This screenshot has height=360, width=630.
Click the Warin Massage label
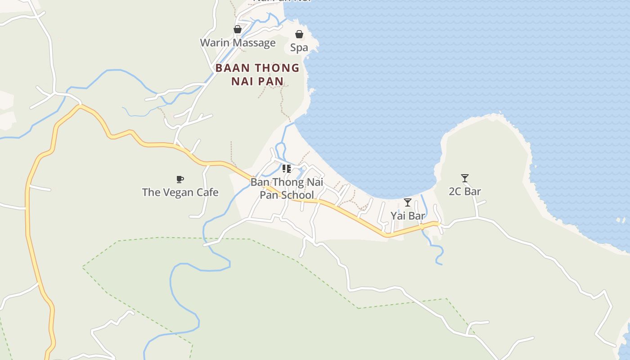[x=238, y=43]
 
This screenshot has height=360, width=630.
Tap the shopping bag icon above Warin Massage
[x=238, y=30]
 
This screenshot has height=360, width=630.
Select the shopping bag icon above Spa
[x=299, y=34]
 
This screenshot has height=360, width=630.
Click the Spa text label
[x=299, y=48]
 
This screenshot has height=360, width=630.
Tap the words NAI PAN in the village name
[x=257, y=81]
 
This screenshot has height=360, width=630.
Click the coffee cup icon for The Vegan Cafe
[x=180, y=180]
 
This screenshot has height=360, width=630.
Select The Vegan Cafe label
[x=180, y=193]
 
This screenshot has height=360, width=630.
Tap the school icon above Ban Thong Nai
[x=286, y=169]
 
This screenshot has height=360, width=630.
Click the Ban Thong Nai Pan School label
[x=287, y=189]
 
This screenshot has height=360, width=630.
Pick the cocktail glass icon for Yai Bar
[x=407, y=202]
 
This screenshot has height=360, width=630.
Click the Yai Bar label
[x=407, y=216]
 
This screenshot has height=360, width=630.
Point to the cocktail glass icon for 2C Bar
[x=465, y=178]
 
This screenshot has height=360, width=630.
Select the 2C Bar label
[x=465, y=192]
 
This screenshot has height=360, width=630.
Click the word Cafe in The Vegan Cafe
[x=206, y=193]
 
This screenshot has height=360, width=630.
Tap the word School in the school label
[x=297, y=195]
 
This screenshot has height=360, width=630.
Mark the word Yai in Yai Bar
[x=398, y=216]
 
